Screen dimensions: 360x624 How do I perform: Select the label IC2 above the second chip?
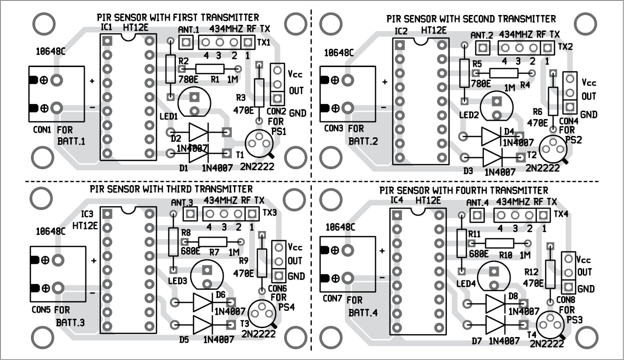click(401, 31)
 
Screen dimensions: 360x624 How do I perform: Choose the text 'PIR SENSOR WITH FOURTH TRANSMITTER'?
click(463, 191)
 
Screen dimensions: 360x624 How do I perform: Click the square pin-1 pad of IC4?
click(397, 215)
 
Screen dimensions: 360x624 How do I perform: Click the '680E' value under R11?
click(479, 253)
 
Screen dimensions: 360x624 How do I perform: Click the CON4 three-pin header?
click(570, 93)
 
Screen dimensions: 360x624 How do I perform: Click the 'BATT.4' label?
click(364, 313)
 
